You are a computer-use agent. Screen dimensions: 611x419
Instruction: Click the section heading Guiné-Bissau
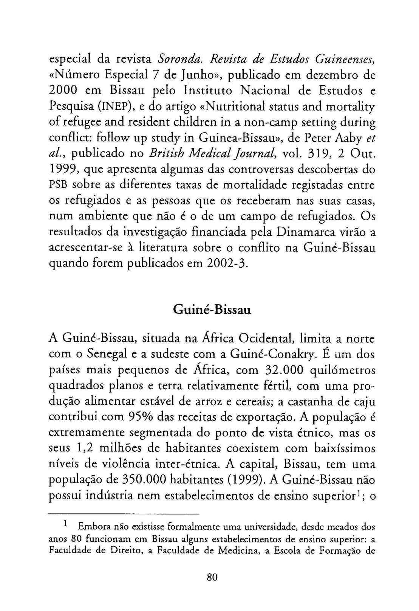pyautogui.click(x=212, y=310)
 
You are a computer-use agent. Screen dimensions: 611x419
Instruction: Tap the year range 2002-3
pyautogui.click(x=227, y=263)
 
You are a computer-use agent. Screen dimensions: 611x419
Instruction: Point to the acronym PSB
pyautogui.click(x=59, y=186)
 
